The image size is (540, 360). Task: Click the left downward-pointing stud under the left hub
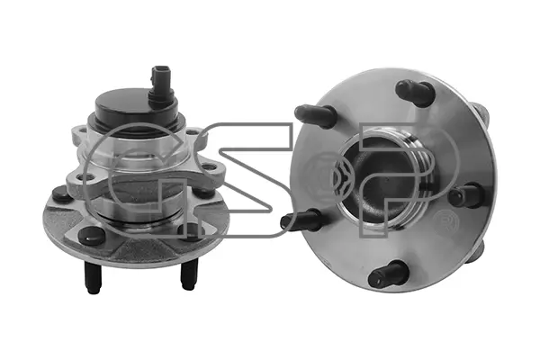93,278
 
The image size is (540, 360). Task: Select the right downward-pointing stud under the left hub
189,274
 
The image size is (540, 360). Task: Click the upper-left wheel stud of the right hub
315,116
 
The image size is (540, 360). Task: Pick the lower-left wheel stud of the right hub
301,220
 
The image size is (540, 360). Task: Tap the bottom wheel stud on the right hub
387,274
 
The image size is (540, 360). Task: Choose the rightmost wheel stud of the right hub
466,195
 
